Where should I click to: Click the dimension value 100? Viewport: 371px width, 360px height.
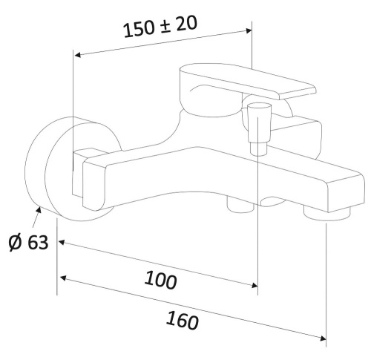point(161,281)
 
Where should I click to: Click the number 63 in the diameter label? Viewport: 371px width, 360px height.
point(37,242)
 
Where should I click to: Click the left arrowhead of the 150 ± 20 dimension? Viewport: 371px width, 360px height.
point(77,53)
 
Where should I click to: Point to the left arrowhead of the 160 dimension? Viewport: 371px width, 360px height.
point(64,278)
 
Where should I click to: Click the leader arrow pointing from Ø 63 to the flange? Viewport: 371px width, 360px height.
point(33,216)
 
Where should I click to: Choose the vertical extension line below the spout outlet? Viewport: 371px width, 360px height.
point(326,282)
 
